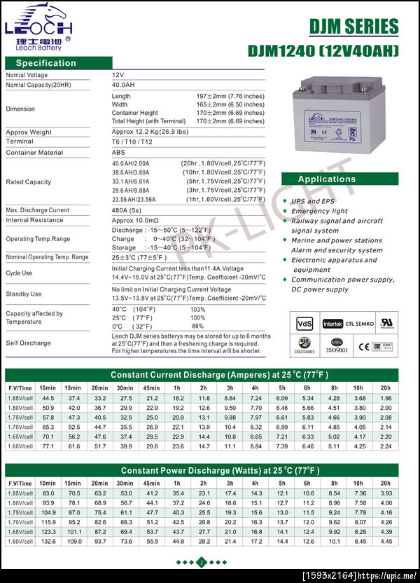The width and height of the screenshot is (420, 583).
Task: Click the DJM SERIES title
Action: [x=353, y=27]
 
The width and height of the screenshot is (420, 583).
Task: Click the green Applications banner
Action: [x=327, y=179]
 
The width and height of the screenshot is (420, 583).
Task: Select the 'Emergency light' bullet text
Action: [x=319, y=211]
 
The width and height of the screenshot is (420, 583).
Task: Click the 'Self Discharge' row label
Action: [x=28, y=343]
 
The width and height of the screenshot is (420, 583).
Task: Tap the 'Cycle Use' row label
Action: [x=19, y=273]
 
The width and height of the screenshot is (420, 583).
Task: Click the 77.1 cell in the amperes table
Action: [x=48, y=445]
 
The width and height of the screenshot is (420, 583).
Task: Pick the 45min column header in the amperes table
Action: [x=151, y=387]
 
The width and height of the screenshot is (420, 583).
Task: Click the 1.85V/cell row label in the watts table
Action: [x=20, y=493]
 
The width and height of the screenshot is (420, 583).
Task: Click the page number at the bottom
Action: [x=200, y=563]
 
